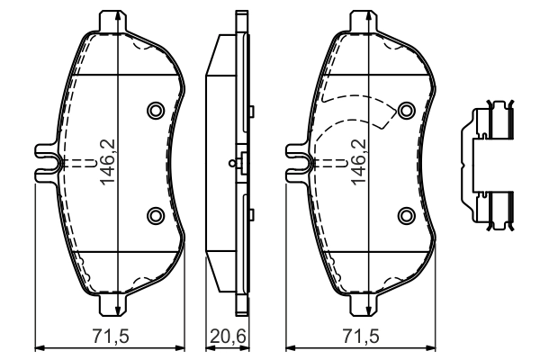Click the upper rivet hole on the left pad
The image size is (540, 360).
pos(154,110)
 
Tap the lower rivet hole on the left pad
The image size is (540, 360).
pos(154,214)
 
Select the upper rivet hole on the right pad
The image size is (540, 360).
pos(406,110)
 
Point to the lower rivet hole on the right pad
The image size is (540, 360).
pos(406,214)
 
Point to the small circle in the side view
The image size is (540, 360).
pos(233,163)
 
